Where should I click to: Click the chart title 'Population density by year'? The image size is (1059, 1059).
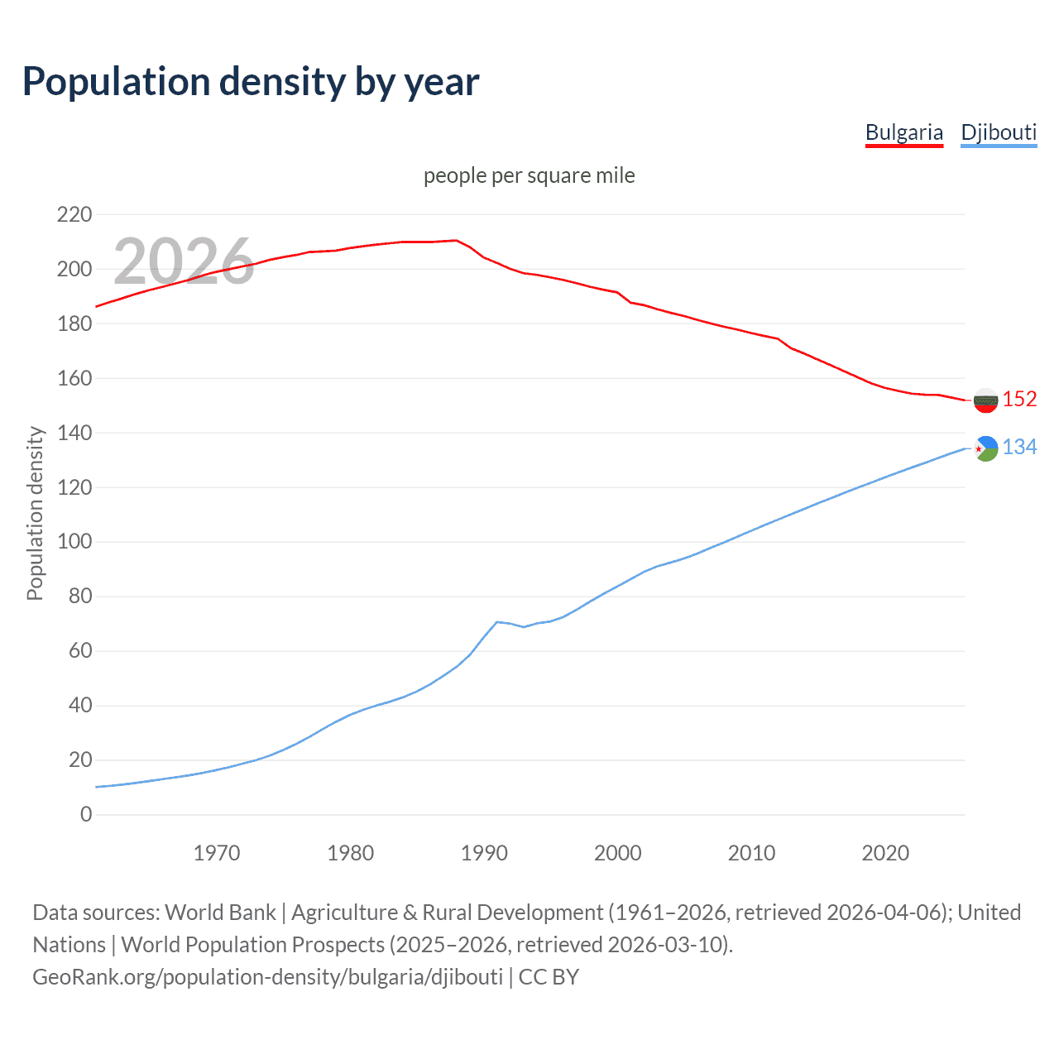[x=251, y=82]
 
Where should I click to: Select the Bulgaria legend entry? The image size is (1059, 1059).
[x=903, y=132]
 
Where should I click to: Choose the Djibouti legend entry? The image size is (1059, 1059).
[x=999, y=132]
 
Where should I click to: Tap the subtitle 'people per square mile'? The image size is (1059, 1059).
[x=529, y=175]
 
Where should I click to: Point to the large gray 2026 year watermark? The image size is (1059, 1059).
[x=184, y=261]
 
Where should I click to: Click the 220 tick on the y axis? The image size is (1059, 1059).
[x=74, y=215]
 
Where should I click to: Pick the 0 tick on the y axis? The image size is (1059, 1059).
[x=86, y=814]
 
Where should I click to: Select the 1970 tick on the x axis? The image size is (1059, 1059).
[x=217, y=853]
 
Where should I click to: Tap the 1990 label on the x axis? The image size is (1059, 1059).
[x=484, y=853]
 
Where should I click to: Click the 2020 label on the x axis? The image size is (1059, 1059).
[x=885, y=853]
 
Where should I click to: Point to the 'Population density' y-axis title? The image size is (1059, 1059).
[x=35, y=513]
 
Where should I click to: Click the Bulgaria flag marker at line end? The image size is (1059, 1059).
[x=985, y=400]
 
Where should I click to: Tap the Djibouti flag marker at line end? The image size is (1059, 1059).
[x=985, y=448]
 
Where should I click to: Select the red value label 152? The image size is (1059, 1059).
[x=1019, y=400]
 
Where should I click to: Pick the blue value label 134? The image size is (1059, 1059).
[x=1019, y=448]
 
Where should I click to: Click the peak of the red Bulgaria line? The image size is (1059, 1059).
[x=457, y=240]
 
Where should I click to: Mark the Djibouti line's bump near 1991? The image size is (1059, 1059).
[x=497, y=621]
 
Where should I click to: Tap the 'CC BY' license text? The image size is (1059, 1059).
[x=549, y=976]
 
